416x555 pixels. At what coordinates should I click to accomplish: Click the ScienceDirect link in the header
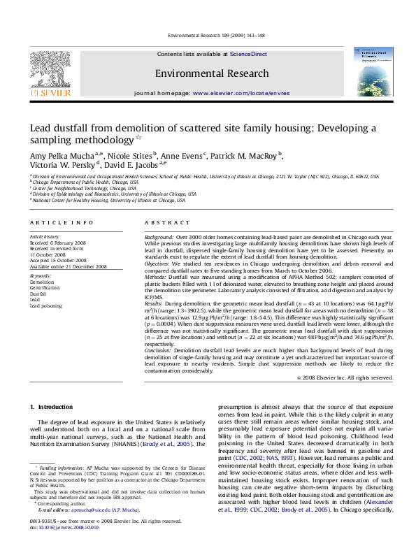point(249,54)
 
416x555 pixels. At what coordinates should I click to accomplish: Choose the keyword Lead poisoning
point(45,305)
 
